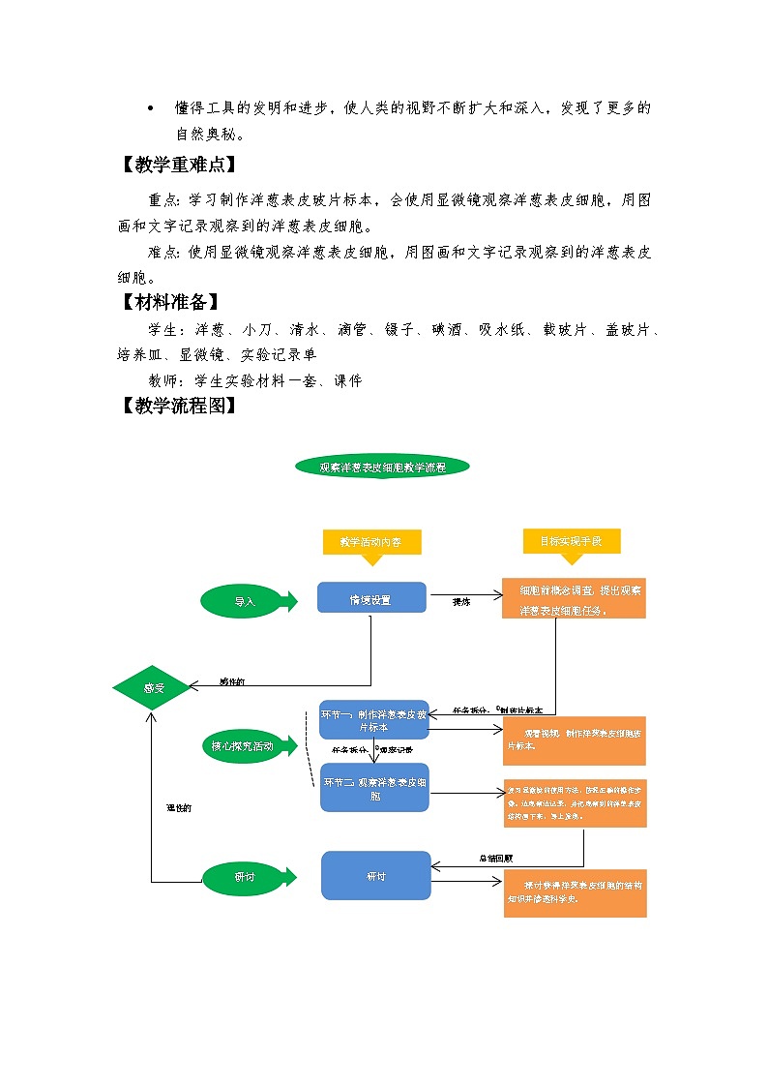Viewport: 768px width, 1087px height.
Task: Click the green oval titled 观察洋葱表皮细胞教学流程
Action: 382,467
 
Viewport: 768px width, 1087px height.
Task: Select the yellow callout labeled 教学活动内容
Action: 371,542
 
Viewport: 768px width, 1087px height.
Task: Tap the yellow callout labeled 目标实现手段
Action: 571,541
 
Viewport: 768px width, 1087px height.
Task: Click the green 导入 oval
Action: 246,601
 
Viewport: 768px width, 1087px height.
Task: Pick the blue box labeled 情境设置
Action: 371,599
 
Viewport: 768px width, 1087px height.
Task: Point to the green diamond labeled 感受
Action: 154,688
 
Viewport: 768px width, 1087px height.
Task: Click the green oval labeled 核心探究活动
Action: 243,746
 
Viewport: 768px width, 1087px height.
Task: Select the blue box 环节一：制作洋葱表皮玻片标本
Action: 373,719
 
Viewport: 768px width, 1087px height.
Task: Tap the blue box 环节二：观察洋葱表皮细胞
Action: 374,788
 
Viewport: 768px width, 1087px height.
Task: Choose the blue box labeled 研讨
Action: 375,876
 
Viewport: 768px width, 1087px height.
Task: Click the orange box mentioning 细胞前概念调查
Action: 574,599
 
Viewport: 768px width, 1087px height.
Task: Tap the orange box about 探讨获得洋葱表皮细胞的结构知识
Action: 575,892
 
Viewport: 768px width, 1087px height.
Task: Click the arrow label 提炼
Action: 461,602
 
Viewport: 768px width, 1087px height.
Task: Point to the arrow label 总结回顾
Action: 495,858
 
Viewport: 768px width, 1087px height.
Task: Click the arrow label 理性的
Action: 179,807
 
